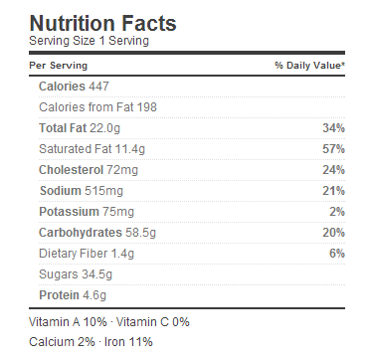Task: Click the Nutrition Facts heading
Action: tap(102, 23)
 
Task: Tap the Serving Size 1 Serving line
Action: tap(89, 41)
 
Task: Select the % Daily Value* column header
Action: tap(309, 66)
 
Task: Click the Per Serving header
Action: tap(59, 66)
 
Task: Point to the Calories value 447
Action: tap(98, 87)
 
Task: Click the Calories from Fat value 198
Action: tap(146, 107)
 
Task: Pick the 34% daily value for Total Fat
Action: tap(334, 128)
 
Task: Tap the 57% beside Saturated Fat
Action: tap(334, 149)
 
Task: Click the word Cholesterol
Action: tap(72, 170)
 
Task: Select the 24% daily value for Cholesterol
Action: tap(334, 170)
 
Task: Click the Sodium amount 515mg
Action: tap(103, 191)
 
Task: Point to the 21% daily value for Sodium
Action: tap(334, 191)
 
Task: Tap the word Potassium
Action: tap(69, 212)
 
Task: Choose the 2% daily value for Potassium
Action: tap(337, 212)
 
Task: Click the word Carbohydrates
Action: tap(81, 233)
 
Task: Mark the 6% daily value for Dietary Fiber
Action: tap(337, 254)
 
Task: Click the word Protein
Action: tap(59, 295)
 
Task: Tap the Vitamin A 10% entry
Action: tap(68, 322)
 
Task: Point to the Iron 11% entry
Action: tap(128, 342)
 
